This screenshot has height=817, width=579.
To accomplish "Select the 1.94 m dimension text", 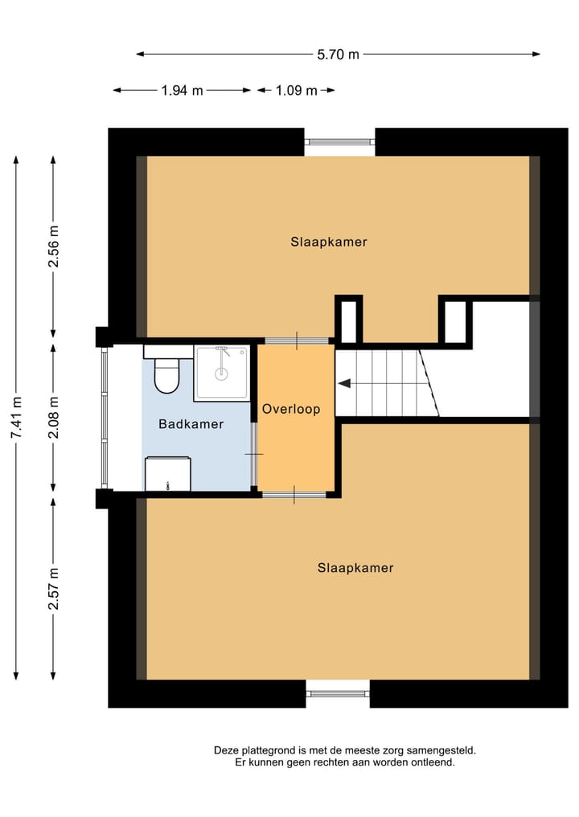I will click(182, 91).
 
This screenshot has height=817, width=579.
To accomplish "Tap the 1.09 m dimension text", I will click(296, 91).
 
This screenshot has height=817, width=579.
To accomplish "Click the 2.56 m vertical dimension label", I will click(53, 247).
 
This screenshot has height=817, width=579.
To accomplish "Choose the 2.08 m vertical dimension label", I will click(53, 418).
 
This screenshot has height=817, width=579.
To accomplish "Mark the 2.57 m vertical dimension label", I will click(53, 589).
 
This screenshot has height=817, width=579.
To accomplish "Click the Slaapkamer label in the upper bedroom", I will click(329, 242).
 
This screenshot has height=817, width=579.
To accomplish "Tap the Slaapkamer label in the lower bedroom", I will click(355, 568).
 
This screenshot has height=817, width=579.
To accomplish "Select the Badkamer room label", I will click(191, 424).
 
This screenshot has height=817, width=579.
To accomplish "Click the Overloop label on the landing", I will click(291, 409).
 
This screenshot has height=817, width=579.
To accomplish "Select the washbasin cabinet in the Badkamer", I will click(167, 474).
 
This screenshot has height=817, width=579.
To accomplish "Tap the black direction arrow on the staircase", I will click(344, 384).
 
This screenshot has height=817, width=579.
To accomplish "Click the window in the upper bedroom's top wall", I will click(339, 142).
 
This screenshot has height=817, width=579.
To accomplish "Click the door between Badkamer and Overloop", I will click(254, 455).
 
